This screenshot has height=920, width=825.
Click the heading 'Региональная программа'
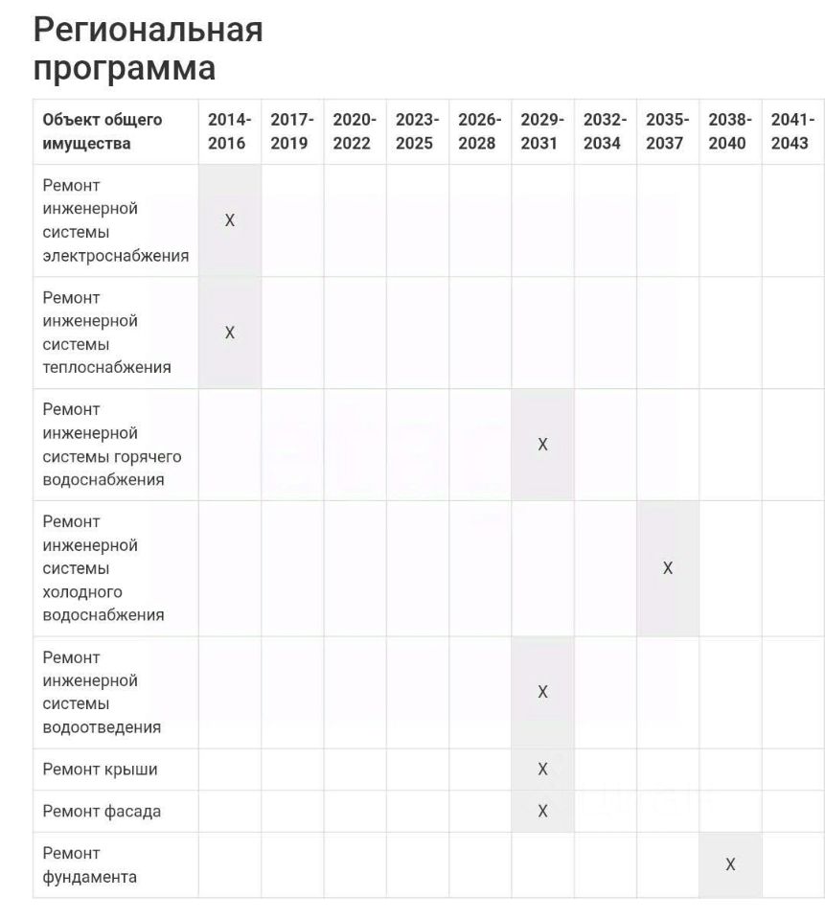coord(149,49)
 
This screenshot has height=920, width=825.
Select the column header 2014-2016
coord(229,131)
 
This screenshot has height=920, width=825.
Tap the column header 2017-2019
coord(291,131)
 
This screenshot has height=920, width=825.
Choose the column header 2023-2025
coord(417,131)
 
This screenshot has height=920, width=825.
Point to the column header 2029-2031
coord(542,131)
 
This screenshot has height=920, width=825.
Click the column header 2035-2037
coord(667,131)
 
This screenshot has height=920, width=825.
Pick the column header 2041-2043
coord(791,131)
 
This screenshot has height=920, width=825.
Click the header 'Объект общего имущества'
coord(103,131)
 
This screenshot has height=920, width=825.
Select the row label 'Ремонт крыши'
coord(101,769)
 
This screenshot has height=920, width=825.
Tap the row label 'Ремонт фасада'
coord(102,811)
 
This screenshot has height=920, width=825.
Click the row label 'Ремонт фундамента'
coord(90,864)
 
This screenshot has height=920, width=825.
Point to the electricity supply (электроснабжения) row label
coord(115,220)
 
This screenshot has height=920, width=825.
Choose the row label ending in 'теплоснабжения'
coord(107,333)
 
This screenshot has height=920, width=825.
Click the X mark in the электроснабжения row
coord(230,220)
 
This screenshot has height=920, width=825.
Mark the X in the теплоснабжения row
coord(230,333)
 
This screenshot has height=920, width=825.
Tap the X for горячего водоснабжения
coord(542,445)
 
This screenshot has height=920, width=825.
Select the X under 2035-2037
coord(668,568)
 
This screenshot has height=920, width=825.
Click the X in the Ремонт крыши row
coord(542,769)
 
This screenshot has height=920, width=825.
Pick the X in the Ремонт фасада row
coord(542,811)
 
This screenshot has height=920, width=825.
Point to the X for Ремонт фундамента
coord(730,864)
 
